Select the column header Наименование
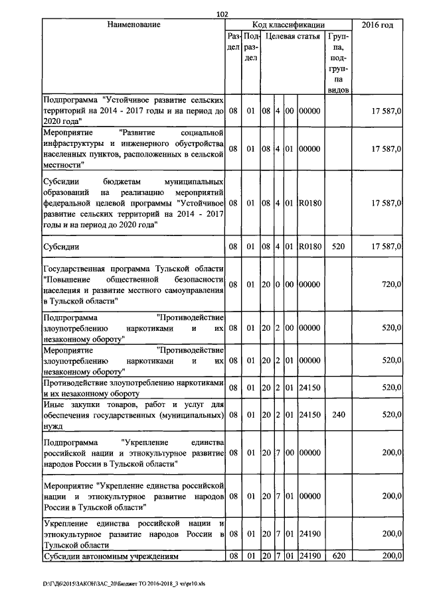pos(133,25)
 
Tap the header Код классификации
pos(289,25)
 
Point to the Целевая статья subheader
pos(290,37)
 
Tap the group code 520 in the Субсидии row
pos(339,247)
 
